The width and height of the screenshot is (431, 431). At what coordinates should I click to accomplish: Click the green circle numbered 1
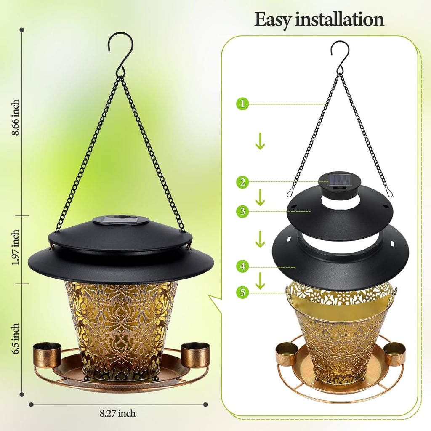[x=242, y=104]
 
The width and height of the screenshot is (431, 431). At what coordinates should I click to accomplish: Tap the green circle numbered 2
[x=242, y=182]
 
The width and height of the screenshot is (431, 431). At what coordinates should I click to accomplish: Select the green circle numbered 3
[x=242, y=211]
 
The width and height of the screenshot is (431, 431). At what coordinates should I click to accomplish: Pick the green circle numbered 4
[x=242, y=266]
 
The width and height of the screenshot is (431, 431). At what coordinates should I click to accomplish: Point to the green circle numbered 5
[x=242, y=292]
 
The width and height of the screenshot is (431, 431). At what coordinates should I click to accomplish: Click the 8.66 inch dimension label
[x=16, y=118]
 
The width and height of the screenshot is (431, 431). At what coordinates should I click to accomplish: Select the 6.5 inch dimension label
[x=16, y=339]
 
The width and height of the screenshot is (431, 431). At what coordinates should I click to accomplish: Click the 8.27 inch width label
[x=118, y=414]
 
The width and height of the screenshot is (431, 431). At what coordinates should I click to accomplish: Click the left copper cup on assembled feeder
[x=47, y=354]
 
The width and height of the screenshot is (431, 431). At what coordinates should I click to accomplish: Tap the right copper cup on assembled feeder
[x=195, y=354]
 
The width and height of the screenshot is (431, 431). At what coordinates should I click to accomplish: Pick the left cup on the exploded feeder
[x=286, y=354]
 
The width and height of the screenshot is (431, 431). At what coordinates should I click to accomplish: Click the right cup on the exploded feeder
[x=394, y=354]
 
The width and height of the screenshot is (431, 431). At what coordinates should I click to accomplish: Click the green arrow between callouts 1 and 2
[x=260, y=142]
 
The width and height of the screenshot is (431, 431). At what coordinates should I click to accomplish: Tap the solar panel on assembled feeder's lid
[x=120, y=220]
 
